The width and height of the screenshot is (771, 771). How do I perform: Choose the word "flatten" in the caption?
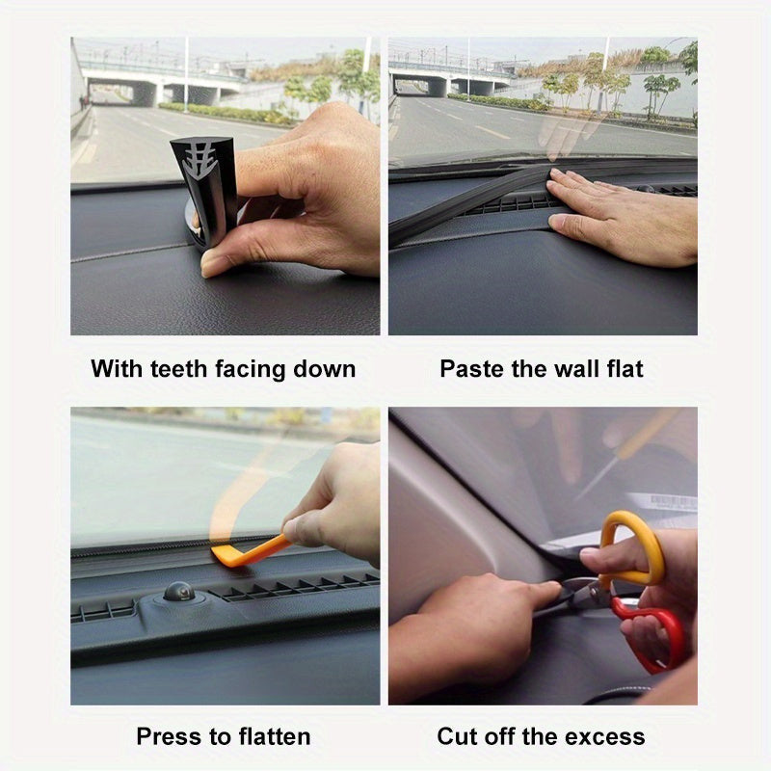click(x=275, y=736)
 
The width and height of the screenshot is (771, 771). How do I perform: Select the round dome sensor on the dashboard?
click(x=178, y=591)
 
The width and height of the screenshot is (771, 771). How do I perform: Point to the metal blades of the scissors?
click(x=582, y=592)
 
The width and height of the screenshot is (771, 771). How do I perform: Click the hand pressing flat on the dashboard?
click(x=621, y=216)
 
